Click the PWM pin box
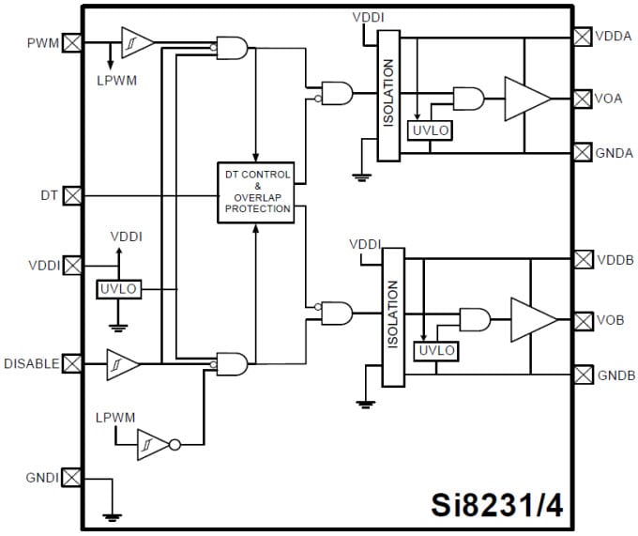tap(71, 42)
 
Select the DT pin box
tap(71, 195)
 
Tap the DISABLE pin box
tap(71, 363)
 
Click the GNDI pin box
tap(71, 477)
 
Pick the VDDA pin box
tap(582, 37)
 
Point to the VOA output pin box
tap(582, 98)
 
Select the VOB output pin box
tap(582, 320)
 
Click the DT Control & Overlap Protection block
tap(255, 192)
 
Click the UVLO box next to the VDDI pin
tap(120, 290)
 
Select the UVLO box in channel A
tap(431, 130)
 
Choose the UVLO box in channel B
tap(436, 350)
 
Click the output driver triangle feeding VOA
tap(525, 99)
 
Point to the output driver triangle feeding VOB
tap(531, 320)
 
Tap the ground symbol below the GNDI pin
tap(113, 514)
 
